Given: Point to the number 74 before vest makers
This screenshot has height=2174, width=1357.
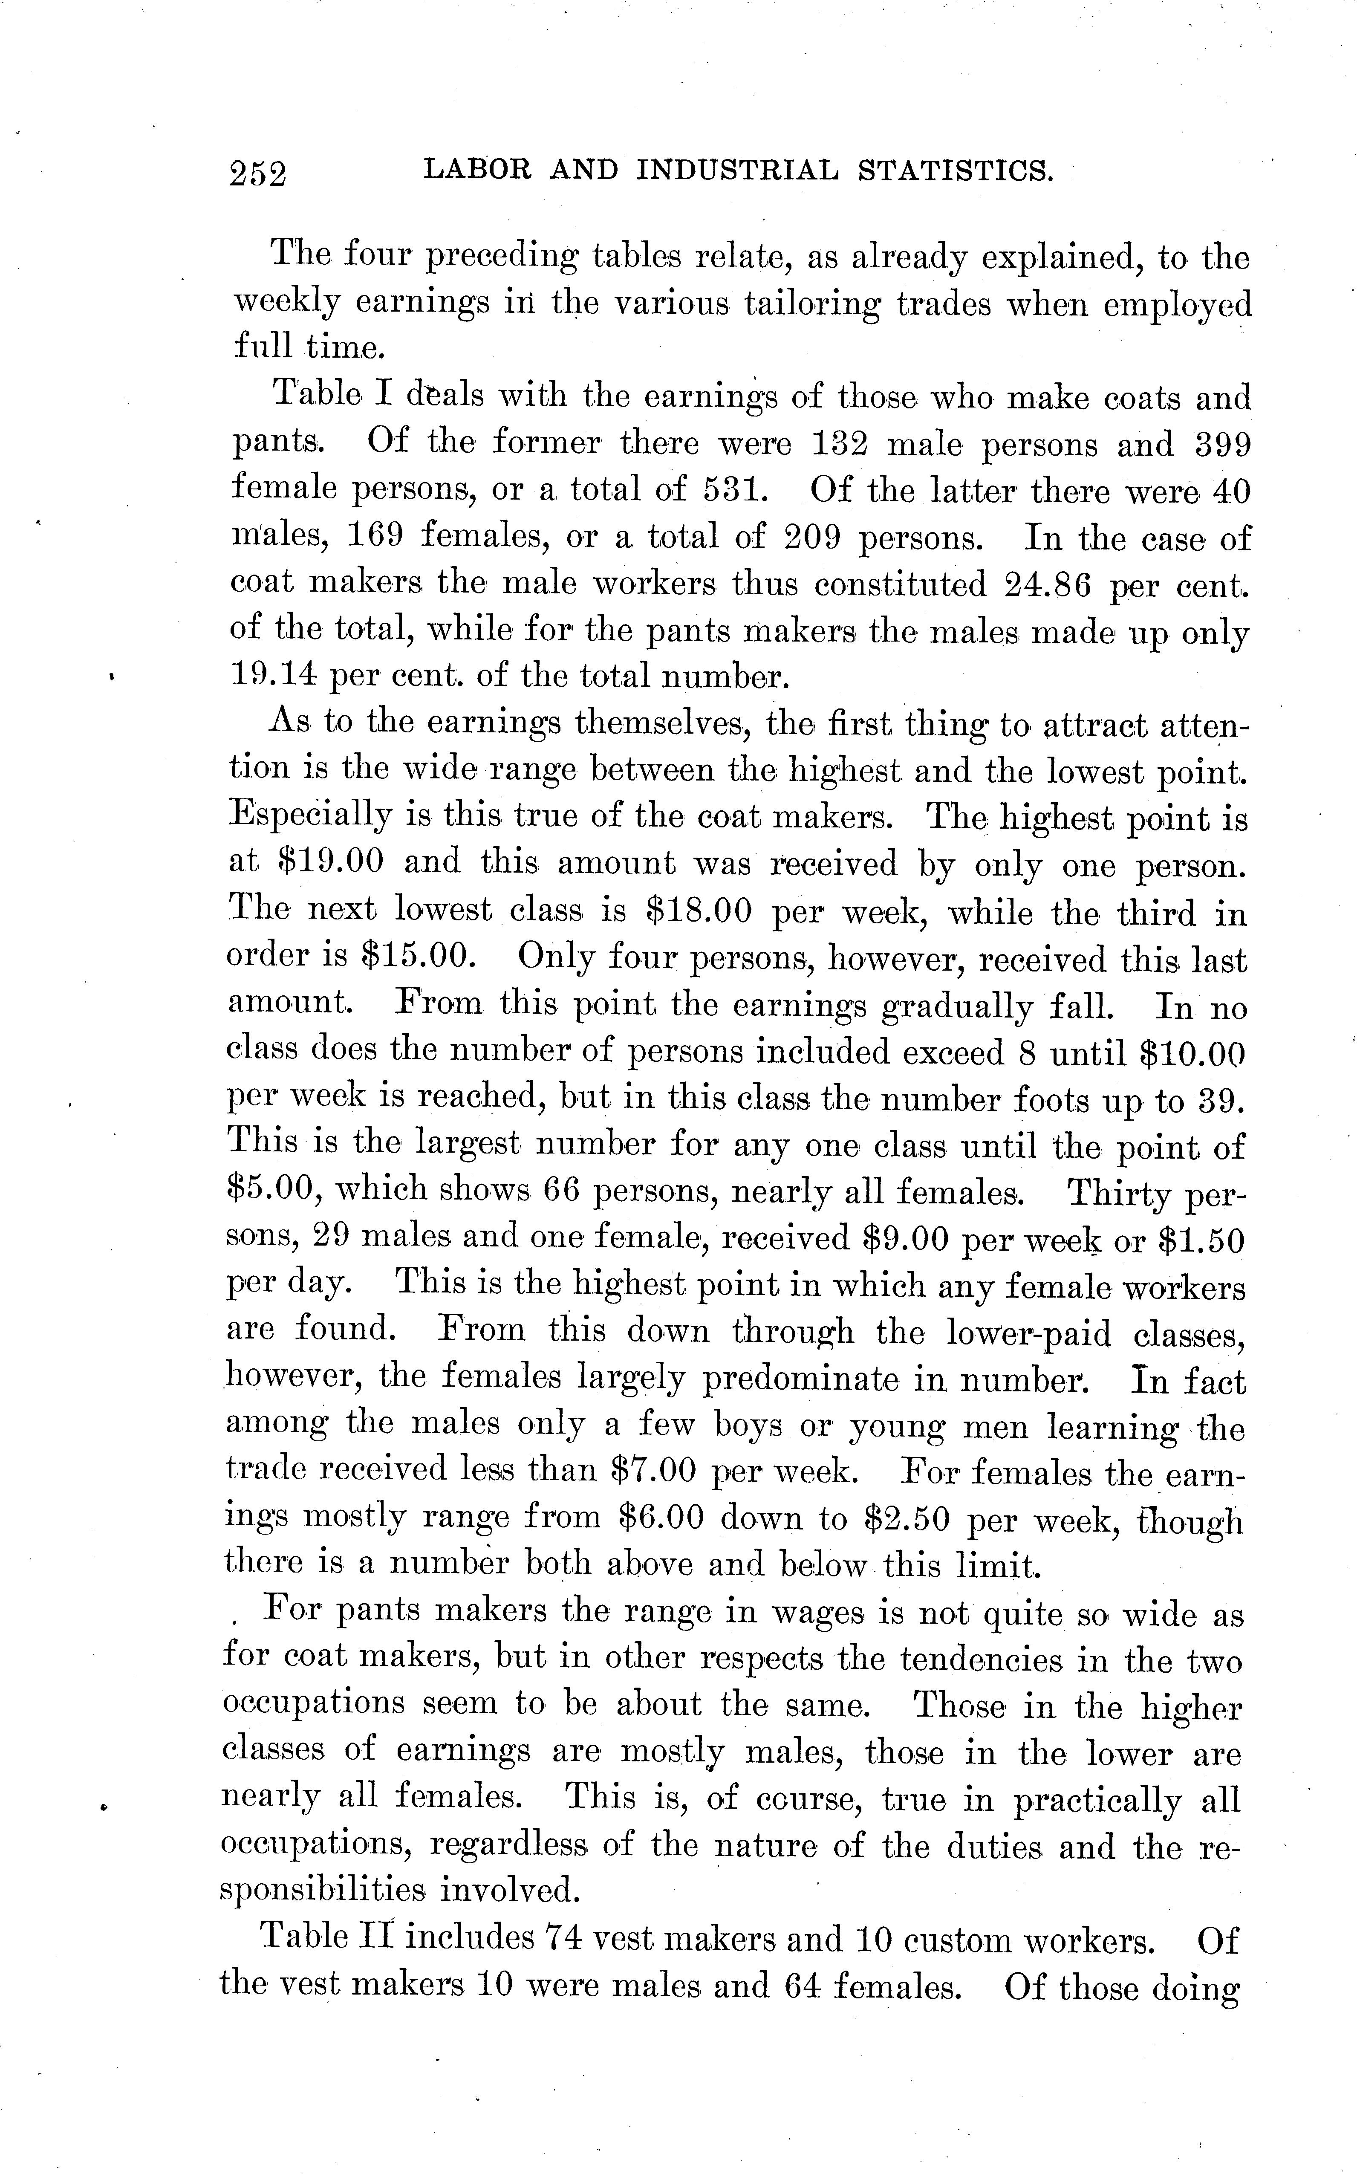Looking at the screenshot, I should click(x=565, y=1939).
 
